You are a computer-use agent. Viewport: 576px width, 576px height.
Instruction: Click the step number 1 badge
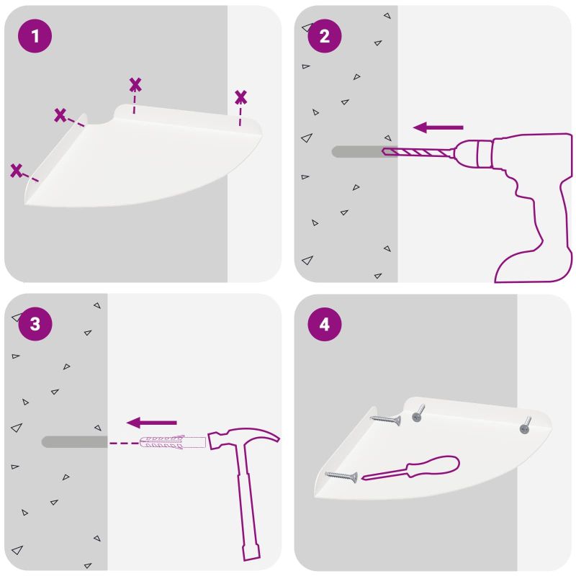(35, 36)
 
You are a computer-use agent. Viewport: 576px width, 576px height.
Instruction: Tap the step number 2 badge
(325, 36)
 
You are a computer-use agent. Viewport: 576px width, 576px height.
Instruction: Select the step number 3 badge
(35, 323)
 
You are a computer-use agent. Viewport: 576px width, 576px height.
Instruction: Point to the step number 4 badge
(325, 324)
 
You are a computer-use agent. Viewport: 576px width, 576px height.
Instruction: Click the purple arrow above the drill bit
(438, 127)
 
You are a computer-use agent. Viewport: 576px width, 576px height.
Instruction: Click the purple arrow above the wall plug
(151, 423)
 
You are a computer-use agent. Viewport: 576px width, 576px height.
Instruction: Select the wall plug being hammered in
(173, 442)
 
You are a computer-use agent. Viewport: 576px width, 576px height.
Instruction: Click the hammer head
(243, 438)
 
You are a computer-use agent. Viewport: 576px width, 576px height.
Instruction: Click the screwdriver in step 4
(410, 468)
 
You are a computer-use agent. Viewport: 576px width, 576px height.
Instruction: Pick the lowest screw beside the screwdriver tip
(341, 477)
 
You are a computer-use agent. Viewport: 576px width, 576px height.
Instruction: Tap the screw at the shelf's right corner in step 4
(526, 426)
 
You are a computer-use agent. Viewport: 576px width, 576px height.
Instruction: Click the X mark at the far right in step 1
(240, 97)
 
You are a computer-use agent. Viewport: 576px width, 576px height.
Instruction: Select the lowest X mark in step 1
(16, 171)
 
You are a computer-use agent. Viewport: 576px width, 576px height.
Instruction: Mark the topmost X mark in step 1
(135, 84)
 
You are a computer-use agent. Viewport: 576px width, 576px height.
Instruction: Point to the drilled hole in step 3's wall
(75, 442)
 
